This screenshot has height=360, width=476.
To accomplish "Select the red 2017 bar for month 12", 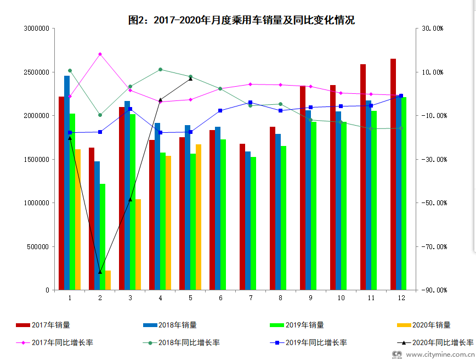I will point(393,175).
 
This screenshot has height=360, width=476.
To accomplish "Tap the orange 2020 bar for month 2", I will point(108,280).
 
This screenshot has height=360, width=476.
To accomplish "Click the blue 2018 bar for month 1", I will point(67,183).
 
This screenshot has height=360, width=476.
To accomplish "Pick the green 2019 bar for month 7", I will point(253,223).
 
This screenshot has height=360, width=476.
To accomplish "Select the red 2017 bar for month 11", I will point(363,177).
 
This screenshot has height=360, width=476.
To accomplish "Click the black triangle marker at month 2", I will point(100,272).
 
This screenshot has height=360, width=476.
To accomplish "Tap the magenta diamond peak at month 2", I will point(100,54).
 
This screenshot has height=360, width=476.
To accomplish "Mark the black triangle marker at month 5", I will point(190,78).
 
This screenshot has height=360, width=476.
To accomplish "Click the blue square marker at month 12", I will point(401,96).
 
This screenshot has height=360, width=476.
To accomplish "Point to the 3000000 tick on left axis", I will point(37,29).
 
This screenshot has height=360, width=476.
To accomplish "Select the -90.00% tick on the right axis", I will point(433,290).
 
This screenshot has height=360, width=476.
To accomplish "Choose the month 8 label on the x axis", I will point(281,297).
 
